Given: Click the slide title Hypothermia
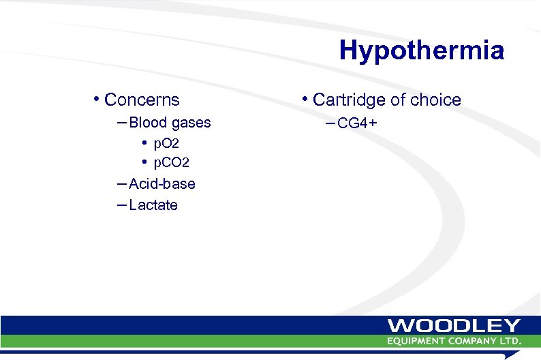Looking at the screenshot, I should pyautogui.click(x=421, y=50).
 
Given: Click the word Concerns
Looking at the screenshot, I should pyautogui.click(x=142, y=100).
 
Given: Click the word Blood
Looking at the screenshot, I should pyautogui.click(x=149, y=123).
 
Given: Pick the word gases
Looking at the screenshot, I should pyautogui.click(x=191, y=123).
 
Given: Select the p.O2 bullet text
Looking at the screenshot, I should pyautogui.click(x=166, y=144).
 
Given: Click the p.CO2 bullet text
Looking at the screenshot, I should pyautogui.click(x=171, y=163).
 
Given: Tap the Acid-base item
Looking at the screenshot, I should pyautogui.click(x=161, y=184).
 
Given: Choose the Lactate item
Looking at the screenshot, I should pyautogui.click(x=153, y=205).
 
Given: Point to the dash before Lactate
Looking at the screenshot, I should pyautogui.click(x=121, y=205).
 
